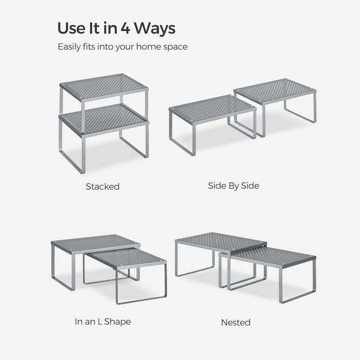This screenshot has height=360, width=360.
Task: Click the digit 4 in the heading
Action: [126, 28]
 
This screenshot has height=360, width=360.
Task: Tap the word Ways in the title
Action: [155, 28]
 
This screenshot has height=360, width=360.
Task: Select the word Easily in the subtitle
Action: [69, 47]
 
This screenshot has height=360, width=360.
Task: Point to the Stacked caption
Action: [103, 186]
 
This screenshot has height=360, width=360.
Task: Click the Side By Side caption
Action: [234, 186]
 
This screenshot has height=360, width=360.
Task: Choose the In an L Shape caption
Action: [103, 322]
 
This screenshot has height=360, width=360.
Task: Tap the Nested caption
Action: [235, 322]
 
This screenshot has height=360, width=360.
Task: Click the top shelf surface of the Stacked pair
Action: [104, 87]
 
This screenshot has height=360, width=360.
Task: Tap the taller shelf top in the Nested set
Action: [221, 242]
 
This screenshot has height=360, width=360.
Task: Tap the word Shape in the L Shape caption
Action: [117, 322]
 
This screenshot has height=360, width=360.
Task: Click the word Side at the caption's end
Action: [250, 186]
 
